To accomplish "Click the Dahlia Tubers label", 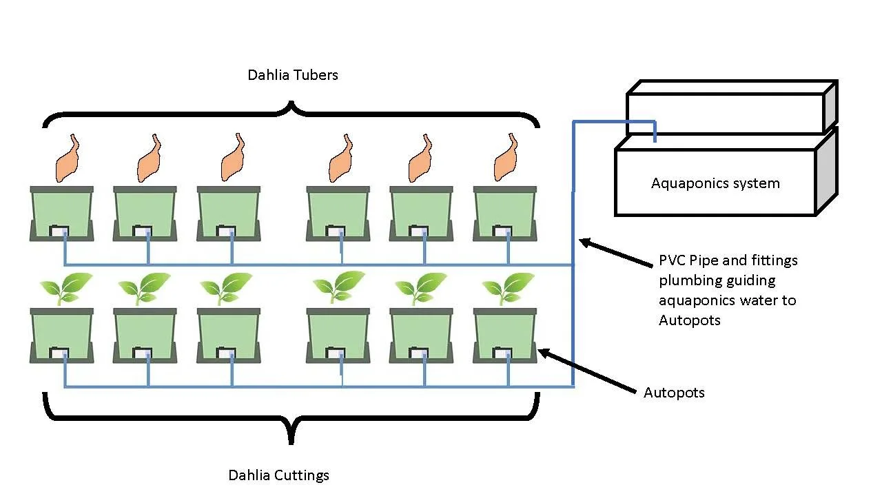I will pos(293,75).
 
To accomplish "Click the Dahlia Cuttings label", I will pos(278,475).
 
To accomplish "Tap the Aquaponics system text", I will pos(715,183).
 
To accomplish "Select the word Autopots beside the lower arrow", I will pos(674,393).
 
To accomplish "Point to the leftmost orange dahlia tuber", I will pos(67,159).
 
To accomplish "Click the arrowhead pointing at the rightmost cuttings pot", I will pos(543,353).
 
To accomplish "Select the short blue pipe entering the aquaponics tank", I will pos(655,131).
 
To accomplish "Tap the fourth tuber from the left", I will pos(340,159).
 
